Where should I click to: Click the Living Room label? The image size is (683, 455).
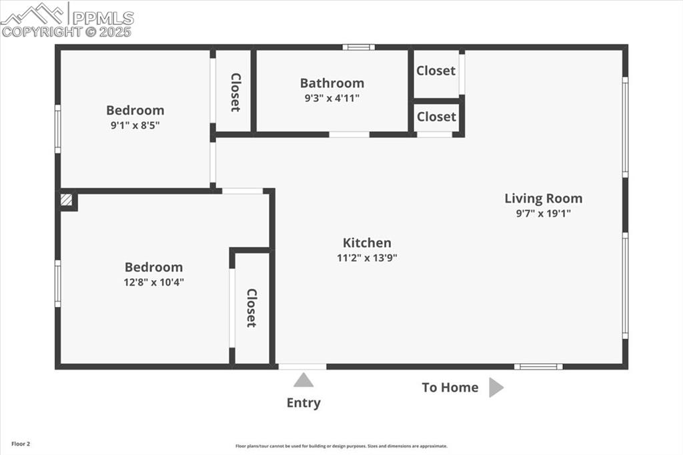(x=543, y=198)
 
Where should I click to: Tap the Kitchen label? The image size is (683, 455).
(x=367, y=243)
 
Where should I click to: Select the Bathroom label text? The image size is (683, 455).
(x=331, y=83)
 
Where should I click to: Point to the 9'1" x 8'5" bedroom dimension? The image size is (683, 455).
(x=135, y=125)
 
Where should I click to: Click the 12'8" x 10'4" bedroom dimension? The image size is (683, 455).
(x=153, y=282)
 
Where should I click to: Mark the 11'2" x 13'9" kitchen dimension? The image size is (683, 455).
(x=367, y=258)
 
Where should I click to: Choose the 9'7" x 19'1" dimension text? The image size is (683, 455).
(x=543, y=213)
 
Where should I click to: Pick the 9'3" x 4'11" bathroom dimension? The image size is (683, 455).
(x=331, y=98)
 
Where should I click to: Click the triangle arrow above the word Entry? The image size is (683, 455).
(x=303, y=380)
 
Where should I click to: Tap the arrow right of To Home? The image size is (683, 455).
(x=496, y=388)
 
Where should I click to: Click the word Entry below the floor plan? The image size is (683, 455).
(x=303, y=403)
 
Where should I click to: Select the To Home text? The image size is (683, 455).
(x=450, y=388)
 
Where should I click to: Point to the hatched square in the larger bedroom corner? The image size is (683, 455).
(x=66, y=199)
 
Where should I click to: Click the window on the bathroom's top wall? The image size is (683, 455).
(x=358, y=47)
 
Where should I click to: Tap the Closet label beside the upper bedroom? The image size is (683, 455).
(x=235, y=92)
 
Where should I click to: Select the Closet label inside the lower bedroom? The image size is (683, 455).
(x=251, y=308)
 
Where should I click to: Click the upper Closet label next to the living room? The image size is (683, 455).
(x=436, y=71)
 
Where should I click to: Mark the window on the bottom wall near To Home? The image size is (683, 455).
(x=538, y=366)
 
